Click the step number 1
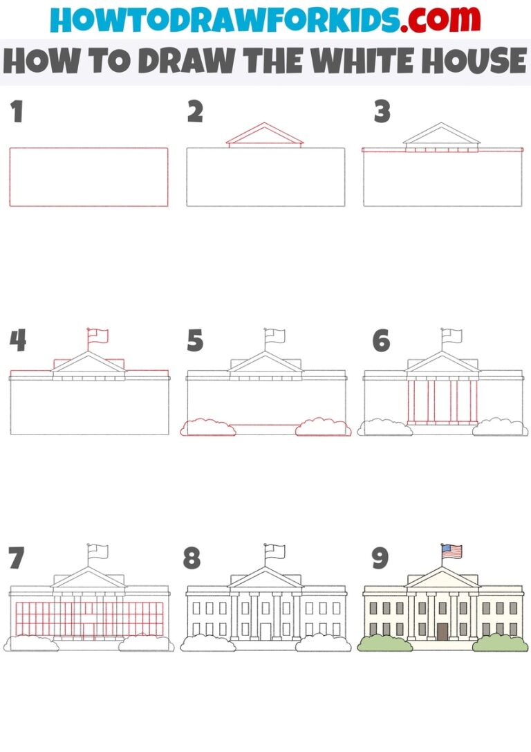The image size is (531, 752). pyautogui.click(x=17, y=112)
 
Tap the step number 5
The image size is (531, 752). pyautogui.click(x=195, y=341)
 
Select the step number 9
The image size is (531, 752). pyautogui.click(x=380, y=558)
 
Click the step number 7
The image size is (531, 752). pyautogui.click(x=17, y=558)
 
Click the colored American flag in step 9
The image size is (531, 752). pyautogui.click(x=452, y=551)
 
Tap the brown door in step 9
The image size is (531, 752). pyautogui.click(x=442, y=632)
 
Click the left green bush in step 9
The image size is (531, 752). pyautogui.click(x=385, y=643)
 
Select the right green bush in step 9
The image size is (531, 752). pyautogui.click(x=500, y=643)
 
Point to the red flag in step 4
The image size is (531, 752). pyautogui.click(x=98, y=336)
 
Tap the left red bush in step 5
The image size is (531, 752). pyautogui.click(x=207, y=428)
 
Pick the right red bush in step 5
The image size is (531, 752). pyautogui.click(x=323, y=428)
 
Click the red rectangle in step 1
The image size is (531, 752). pyautogui.click(x=88, y=176)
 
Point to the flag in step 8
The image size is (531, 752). pyautogui.click(x=275, y=551)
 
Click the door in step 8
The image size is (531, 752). pyautogui.click(x=265, y=632)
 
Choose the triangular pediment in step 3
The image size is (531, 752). pyautogui.click(x=442, y=135)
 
